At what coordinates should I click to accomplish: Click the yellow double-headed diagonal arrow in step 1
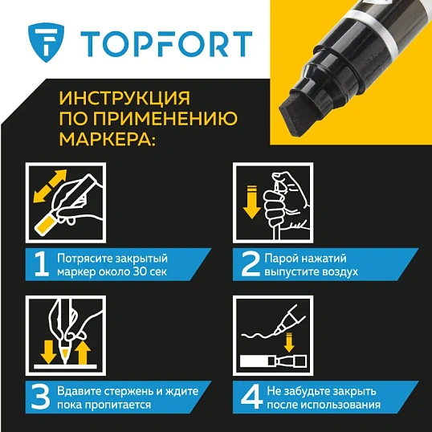click(x=50, y=186)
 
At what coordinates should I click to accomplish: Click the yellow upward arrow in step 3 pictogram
click(x=84, y=350)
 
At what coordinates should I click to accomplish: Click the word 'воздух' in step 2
click(x=340, y=271)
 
